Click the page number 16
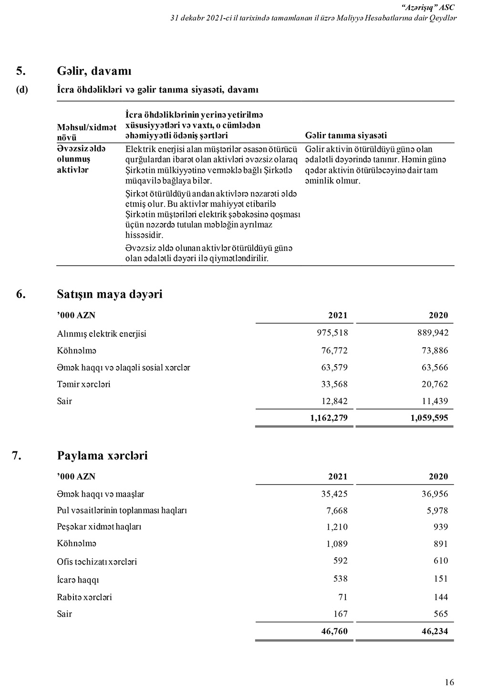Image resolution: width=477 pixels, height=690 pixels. pos(449,682)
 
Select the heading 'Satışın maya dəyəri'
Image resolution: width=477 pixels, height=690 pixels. pos(110,294)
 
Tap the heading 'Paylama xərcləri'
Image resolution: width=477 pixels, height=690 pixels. pos(102,456)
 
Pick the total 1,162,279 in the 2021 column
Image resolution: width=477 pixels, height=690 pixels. pos(329,418)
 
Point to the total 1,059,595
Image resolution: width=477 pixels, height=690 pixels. pos(429,418)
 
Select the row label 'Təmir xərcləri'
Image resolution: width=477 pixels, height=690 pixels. pos(83,385)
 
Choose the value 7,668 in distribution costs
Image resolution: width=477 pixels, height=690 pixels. pos(337,511)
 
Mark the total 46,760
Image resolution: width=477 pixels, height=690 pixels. pos(334,631)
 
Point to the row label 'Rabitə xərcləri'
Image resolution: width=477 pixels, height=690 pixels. pos(84,597)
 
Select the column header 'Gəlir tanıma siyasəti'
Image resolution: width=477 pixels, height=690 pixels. pos(346,136)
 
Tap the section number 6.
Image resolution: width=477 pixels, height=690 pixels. pos(21,294)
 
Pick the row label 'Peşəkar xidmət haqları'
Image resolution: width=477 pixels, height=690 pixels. pos(99,527)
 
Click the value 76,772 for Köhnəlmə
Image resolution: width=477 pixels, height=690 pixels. pos(334,351)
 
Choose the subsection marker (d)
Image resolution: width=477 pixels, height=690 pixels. pos(22,90)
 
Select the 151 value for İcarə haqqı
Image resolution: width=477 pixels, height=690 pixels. pos(441,579)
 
